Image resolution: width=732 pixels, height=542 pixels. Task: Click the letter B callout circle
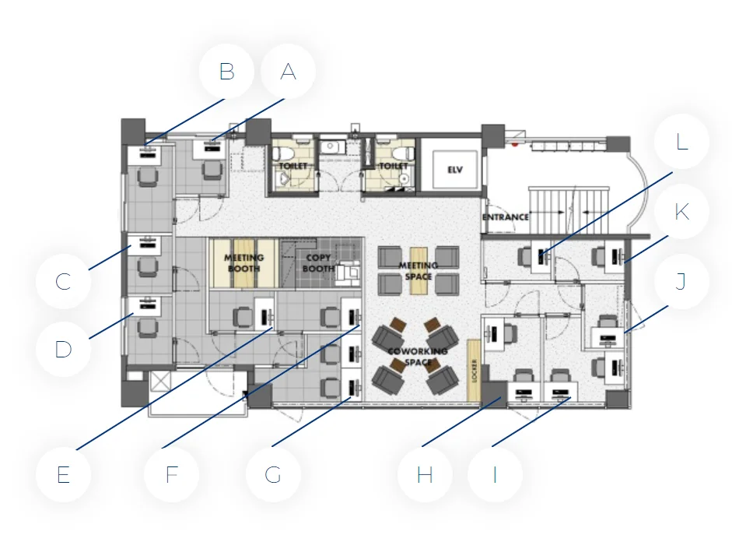[226, 72]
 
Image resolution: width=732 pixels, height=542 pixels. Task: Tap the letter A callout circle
[288, 72]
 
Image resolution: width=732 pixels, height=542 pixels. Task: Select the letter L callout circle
[681, 142]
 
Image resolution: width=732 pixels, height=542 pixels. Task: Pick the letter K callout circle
[681, 212]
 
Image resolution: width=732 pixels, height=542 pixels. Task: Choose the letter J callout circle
[681, 281]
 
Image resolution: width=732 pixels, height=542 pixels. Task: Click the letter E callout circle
[63, 475]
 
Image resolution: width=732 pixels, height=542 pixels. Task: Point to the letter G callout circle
[273, 475]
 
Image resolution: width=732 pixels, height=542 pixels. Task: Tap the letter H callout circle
[425, 475]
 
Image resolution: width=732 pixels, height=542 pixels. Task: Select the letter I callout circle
[495, 475]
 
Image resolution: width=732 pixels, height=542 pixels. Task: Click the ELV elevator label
[455, 170]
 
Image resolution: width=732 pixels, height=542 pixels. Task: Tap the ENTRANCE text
[506, 217]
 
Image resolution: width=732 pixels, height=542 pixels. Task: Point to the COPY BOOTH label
[318, 263]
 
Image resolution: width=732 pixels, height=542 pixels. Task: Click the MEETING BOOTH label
[243, 263]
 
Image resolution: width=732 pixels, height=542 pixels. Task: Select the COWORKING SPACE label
[418, 357]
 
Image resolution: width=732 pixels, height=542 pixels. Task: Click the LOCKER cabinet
[474, 370]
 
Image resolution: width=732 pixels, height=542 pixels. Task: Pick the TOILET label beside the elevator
[394, 166]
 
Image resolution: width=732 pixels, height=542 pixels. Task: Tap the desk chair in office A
[212, 170]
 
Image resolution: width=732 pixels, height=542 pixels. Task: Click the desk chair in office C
[148, 267]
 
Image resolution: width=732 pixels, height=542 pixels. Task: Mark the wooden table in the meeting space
[419, 270]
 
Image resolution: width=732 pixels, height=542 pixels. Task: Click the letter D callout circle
[63, 349]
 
